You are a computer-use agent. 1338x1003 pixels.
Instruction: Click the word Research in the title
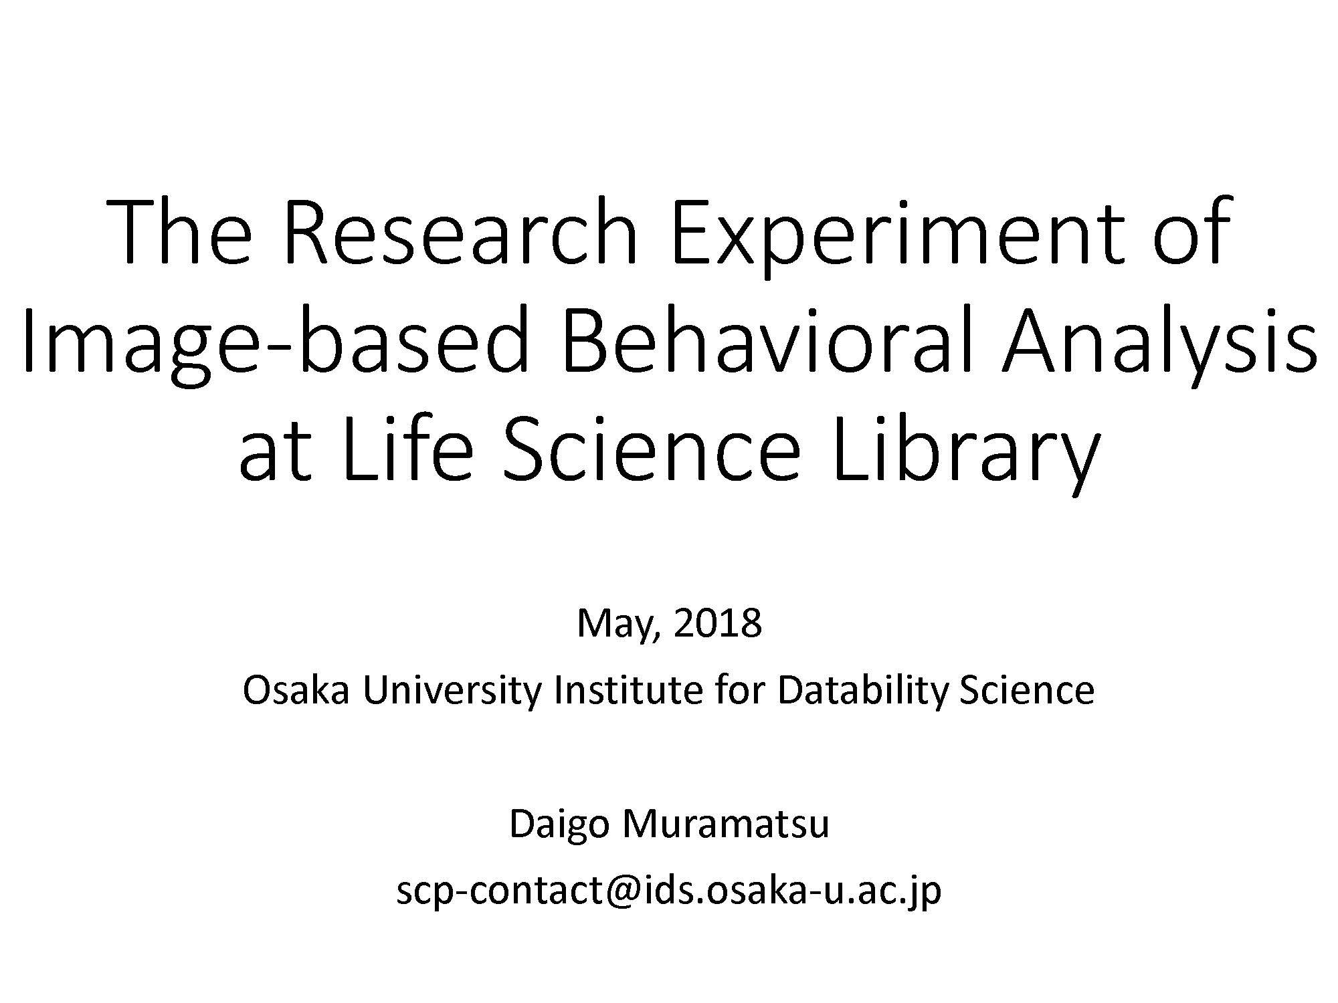pyautogui.click(x=461, y=230)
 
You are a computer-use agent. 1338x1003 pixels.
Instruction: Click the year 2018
pyautogui.click(x=718, y=623)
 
